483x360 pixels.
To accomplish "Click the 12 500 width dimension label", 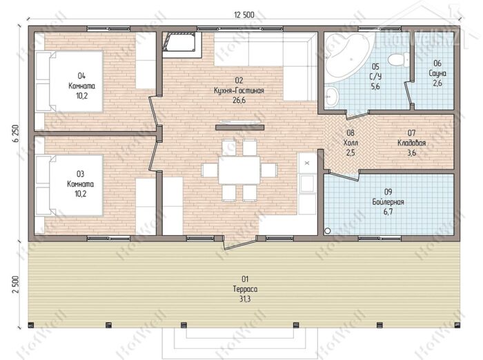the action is pyautogui.click(x=244, y=14).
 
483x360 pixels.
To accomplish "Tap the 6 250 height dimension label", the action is pyautogui.click(x=16, y=133).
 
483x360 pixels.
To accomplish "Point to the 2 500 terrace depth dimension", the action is pyautogui.click(x=16, y=285).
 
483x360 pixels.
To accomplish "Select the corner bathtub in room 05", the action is pyautogui.click(x=349, y=56).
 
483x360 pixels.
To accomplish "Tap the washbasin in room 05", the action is pyautogui.click(x=331, y=97).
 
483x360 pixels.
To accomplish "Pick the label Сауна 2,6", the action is pyautogui.click(x=437, y=73).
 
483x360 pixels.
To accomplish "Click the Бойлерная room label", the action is pyautogui.click(x=388, y=202).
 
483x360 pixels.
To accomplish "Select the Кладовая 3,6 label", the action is pyautogui.click(x=411, y=143).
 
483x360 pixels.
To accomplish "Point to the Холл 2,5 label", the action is pyautogui.click(x=351, y=143).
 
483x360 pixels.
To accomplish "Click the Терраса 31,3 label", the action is pyautogui.click(x=245, y=289).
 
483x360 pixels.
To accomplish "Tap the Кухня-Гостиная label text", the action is pyautogui.click(x=239, y=90).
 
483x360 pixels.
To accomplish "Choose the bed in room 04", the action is pyautogui.click(x=69, y=81).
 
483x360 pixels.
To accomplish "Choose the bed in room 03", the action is pyautogui.click(x=69, y=186).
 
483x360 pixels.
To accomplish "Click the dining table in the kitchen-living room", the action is pyautogui.click(x=239, y=170).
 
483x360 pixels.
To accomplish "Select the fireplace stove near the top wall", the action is pyautogui.click(x=181, y=45).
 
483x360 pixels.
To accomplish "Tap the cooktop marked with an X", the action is pyautogui.click(x=307, y=163).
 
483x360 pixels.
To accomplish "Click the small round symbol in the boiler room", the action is pyautogui.click(x=328, y=230).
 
